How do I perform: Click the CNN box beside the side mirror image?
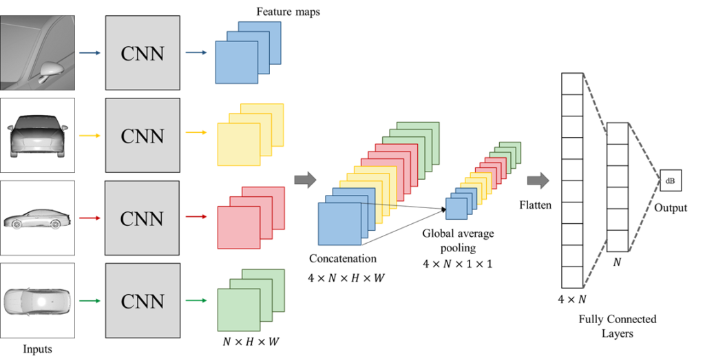143,53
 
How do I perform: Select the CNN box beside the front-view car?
143,136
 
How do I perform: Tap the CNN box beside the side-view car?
143,218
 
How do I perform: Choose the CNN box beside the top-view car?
143,301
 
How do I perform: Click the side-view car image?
37,218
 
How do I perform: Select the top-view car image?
37,301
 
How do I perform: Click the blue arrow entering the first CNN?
90,52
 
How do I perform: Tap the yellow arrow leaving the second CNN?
196,132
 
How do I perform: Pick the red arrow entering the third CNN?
90,218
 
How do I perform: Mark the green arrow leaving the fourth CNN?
196,300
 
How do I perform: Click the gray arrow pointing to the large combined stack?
305,180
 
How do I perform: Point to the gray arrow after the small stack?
538,180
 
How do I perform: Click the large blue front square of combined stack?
339,223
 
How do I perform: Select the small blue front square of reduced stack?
456,208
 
